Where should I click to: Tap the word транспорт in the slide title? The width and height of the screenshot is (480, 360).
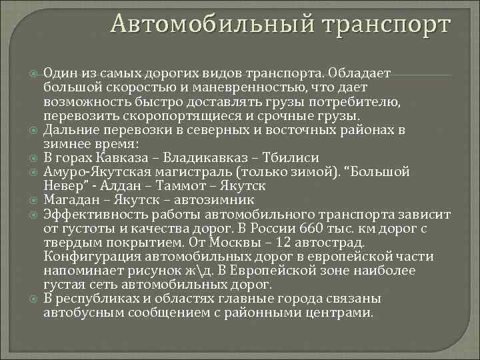pos(385,25)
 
